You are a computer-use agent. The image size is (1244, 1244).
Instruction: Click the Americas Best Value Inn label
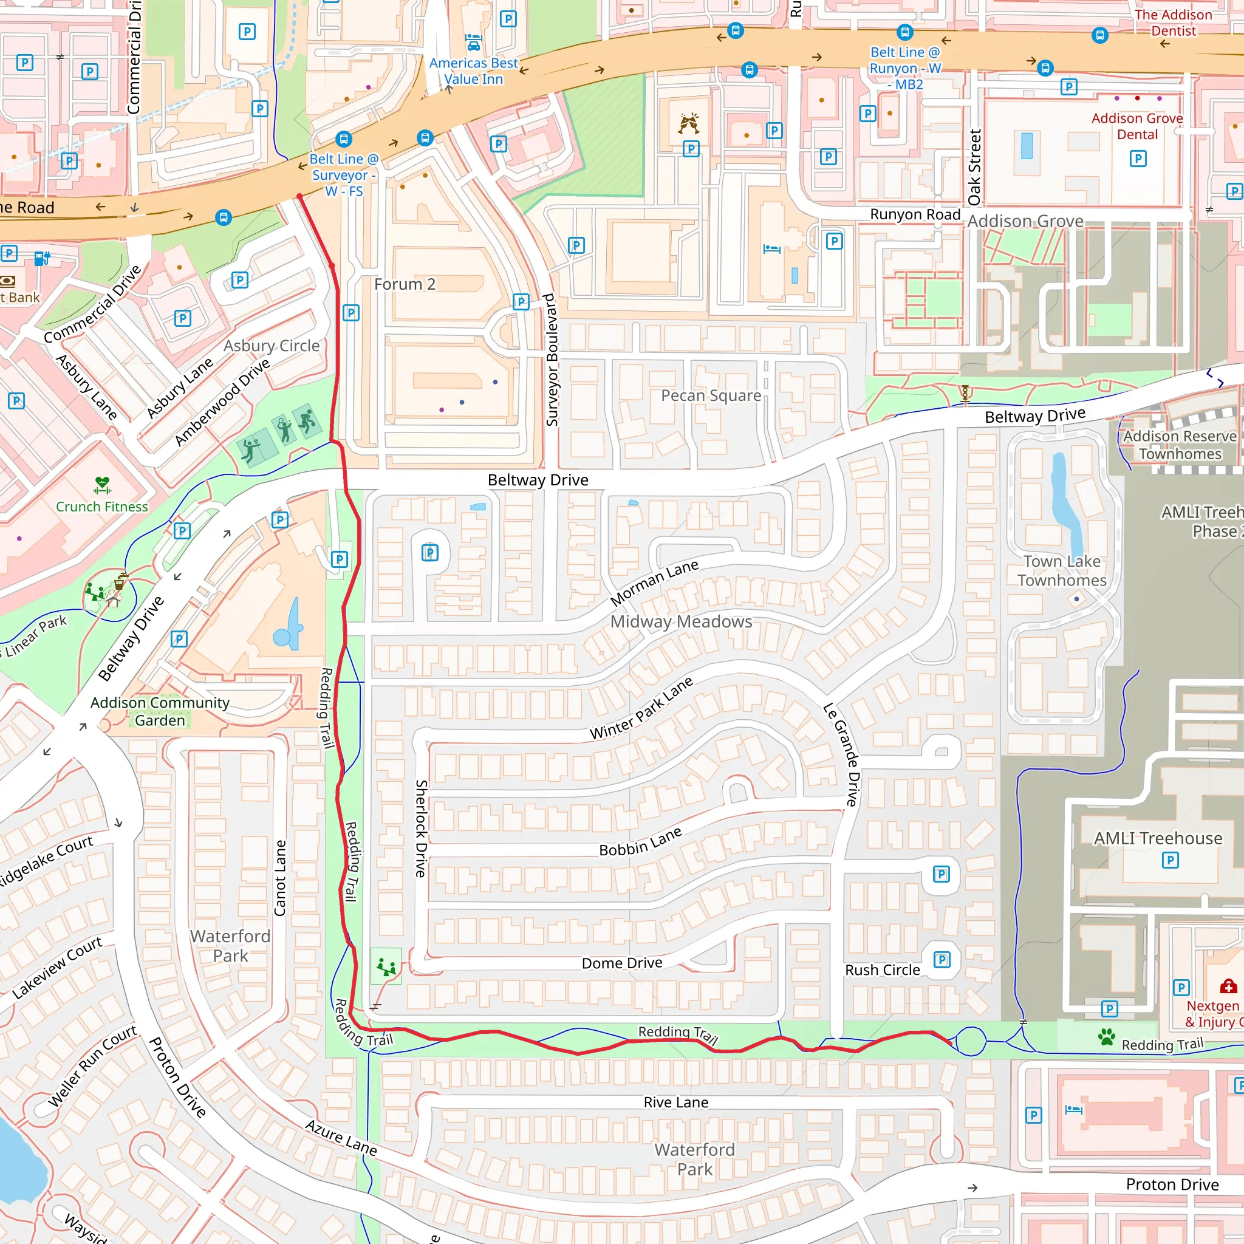(x=473, y=71)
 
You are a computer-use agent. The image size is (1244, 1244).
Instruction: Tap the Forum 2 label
(x=405, y=284)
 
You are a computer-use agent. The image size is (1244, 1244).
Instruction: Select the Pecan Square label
(x=711, y=395)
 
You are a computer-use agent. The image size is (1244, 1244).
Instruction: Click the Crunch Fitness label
(x=101, y=507)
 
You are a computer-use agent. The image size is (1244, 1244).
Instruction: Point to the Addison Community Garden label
(x=160, y=711)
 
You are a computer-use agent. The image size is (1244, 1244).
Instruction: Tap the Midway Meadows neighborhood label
(x=682, y=622)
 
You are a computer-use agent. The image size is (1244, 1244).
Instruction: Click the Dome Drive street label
(x=622, y=963)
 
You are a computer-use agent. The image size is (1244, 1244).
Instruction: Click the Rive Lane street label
(x=676, y=1102)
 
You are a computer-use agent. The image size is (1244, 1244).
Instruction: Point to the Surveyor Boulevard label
(x=552, y=360)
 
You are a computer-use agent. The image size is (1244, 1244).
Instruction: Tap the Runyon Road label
(x=915, y=214)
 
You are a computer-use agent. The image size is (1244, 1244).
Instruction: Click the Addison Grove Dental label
(x=1137, y=126)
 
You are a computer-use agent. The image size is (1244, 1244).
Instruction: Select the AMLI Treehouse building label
(x=1158, y=838)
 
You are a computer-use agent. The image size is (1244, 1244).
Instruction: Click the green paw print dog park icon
(x=1107, y=1037)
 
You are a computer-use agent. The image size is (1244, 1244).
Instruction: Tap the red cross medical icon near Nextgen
(x=1228, y=986)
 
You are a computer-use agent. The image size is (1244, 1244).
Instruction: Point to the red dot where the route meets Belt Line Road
(x=299, y=196)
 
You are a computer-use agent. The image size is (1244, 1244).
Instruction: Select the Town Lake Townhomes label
(x=1062, y=570)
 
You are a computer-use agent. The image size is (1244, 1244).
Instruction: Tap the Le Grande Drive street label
(x=841, y=754)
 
